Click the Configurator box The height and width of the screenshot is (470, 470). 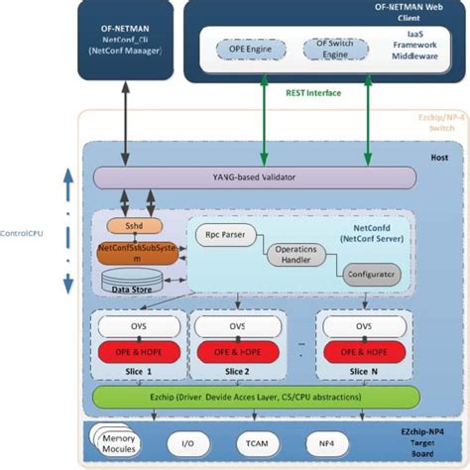(368, 272)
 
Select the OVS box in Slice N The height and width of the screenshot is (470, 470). (362, 326)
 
